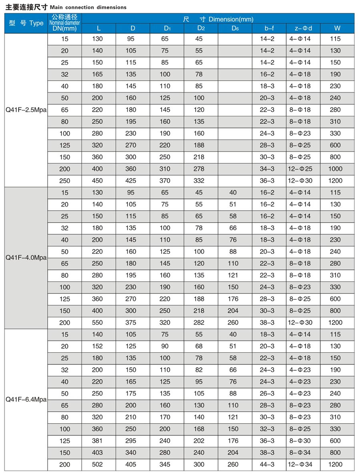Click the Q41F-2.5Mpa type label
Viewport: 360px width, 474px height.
coord(26,110)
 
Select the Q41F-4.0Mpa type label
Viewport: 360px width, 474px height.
coord(26,258)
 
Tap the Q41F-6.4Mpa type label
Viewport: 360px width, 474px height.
coord(26,399)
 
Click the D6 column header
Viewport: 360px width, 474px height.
coord(235,28)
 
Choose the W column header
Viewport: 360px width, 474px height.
coord(337,28)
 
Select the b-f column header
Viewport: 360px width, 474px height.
coord(269,28)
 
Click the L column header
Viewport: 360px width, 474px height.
coord(99,28)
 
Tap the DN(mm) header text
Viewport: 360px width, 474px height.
coord(64,28)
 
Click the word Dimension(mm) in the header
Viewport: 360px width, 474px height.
coord(231,19)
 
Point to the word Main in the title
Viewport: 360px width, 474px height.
coord(56,7)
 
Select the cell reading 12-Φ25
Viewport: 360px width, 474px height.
coord(300,169)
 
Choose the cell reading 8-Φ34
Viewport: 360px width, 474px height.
coord(300,453)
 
